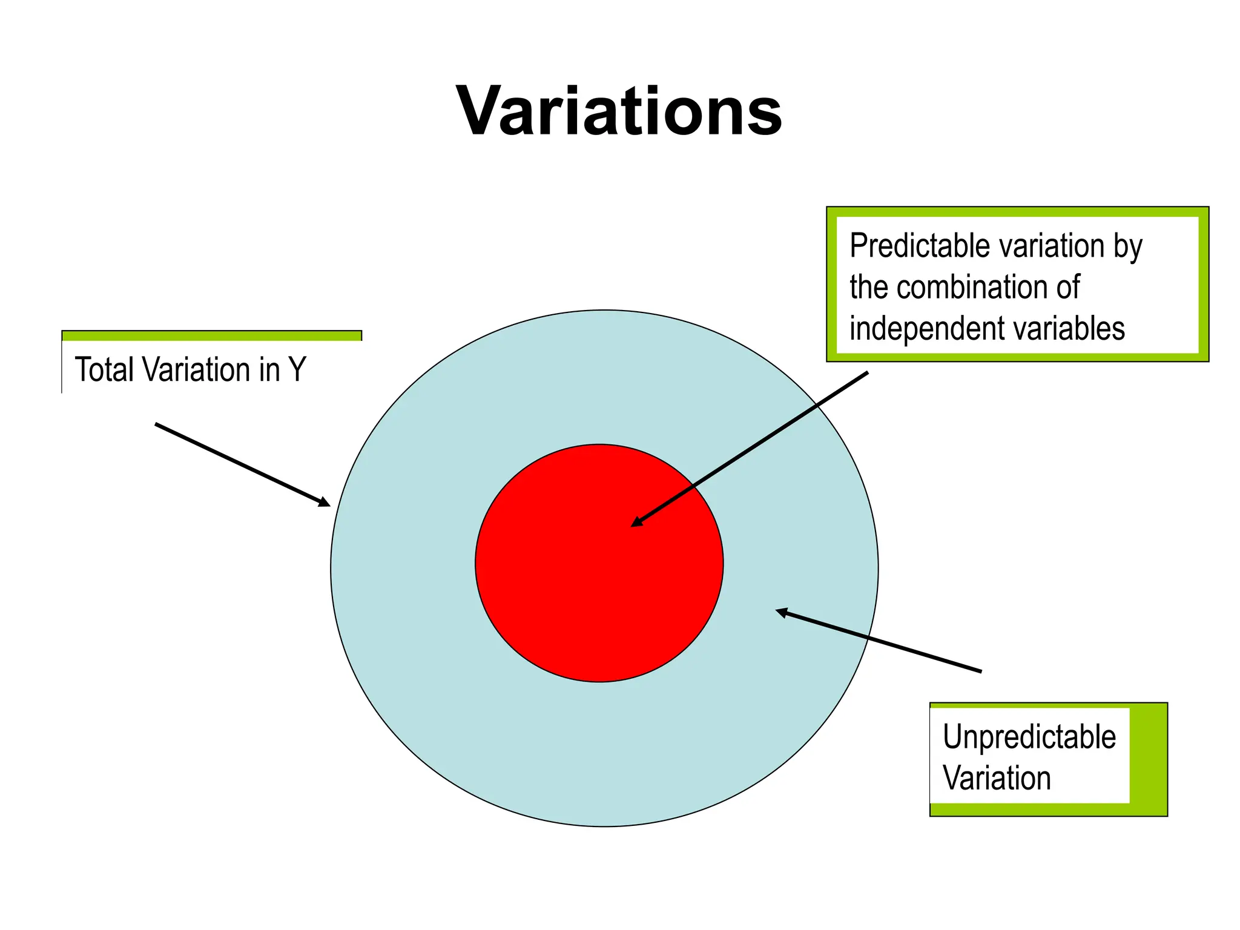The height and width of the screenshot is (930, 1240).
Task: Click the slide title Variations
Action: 619,112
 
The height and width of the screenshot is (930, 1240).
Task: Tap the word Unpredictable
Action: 1029,737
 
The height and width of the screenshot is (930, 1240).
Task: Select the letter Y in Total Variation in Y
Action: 297,369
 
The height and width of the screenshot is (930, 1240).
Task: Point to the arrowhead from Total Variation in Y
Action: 325,502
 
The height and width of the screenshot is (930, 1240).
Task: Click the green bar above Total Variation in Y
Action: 211,336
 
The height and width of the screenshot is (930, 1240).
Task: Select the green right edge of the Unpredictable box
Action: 1148,757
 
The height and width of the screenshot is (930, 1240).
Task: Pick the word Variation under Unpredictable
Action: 997,778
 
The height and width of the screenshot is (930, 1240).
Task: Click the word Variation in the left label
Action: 195,369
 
